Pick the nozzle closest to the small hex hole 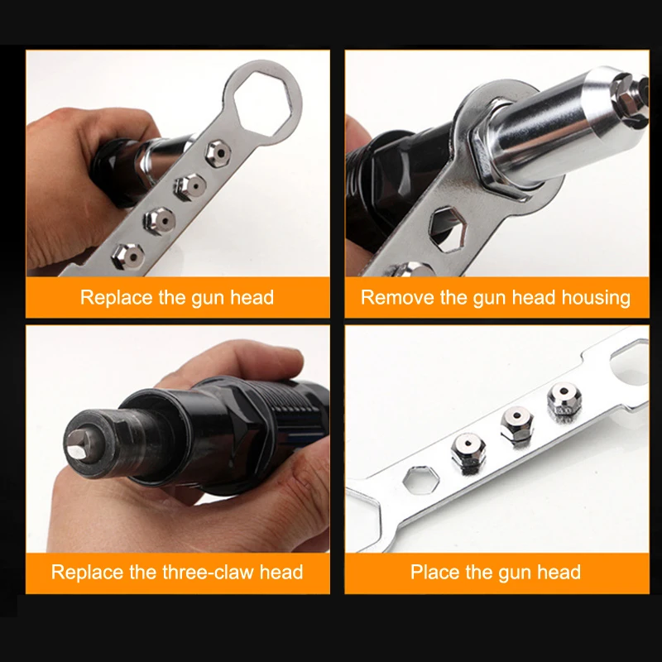click(468, 453)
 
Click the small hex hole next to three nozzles click(415, 481)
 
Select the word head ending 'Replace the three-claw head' click(280, 572)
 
